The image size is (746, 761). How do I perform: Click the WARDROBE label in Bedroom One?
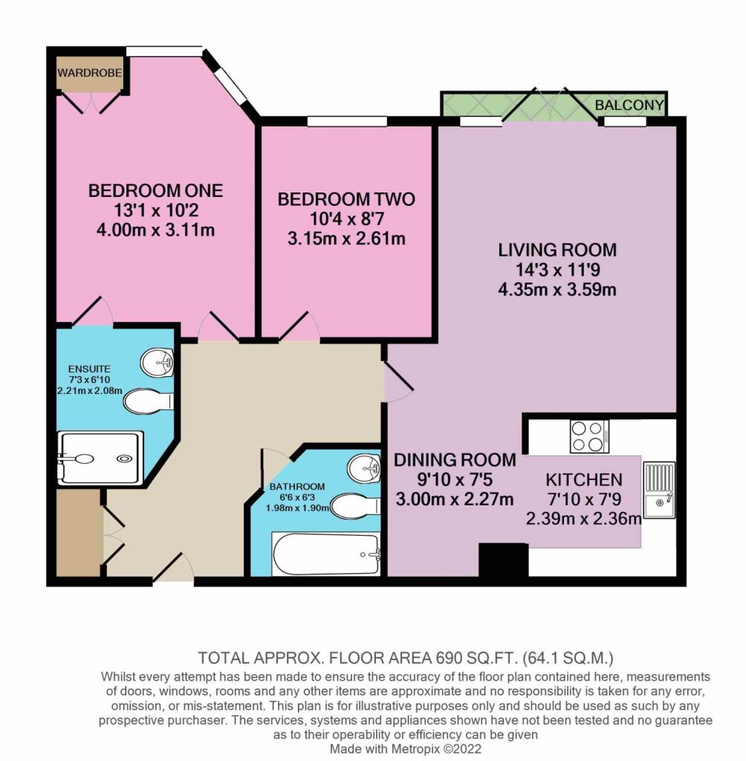(89, 73)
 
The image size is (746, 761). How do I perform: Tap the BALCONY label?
(629, 106)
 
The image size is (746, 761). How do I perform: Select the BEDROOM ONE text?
(155, 191)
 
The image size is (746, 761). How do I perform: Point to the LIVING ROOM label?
(557, 249)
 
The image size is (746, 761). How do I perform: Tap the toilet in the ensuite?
(148, 402)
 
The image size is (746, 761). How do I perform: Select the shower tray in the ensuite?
(100, 458)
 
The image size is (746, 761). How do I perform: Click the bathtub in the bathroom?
(326, 554)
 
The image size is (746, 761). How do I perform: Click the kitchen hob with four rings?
(589, 436)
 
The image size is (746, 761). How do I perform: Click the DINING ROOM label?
(455, 459)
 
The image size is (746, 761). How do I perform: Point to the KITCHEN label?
(583, 479)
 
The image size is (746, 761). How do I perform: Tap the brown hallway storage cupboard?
(79, 531)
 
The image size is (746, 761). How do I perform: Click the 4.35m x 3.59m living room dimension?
(557, 289)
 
